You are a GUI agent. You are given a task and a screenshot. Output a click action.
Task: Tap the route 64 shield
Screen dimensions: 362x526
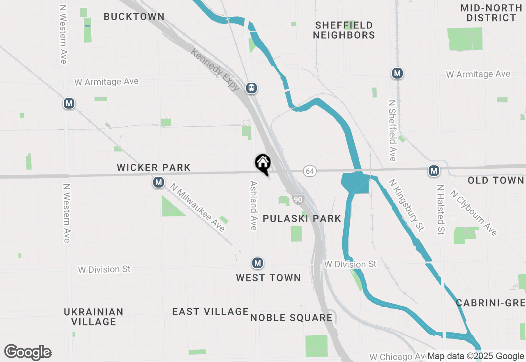pyautogui.click(x=310, y=171)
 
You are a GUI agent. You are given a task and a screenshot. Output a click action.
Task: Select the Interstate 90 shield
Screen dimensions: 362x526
pyautogui.click(x=298, y=200)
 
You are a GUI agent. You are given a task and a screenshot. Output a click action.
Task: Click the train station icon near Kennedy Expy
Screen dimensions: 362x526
pyautogui.click(x=251, y=88)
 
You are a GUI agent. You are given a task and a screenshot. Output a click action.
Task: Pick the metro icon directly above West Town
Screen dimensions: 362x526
pyautogui.click(x=257, y=263)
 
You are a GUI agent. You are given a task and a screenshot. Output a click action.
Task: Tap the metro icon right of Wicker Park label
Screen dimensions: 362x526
pyautogui.click(x=159, y=182)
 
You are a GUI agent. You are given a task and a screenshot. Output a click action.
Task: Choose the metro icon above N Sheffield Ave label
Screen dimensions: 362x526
pyautogui.click(x=397, y=74)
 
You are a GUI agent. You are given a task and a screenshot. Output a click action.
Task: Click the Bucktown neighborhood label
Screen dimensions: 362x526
pyautogui.click(x=134, y=17)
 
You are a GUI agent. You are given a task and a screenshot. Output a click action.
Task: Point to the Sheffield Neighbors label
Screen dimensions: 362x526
pyautogui.click(x=344, y=30)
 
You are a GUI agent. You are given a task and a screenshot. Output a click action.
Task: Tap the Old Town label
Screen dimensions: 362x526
pyautogui.click(x=496, y=181)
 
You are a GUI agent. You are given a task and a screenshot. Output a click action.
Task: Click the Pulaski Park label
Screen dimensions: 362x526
pyautogui.click(x=302, y=218)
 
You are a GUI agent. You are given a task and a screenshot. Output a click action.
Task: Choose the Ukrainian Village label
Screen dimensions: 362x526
pyautogui.click(x=94, y=317)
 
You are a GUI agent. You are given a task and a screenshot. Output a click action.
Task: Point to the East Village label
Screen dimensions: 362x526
pyautogui.click(x=210, y=312)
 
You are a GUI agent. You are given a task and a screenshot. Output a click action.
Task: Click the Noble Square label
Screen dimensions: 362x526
pyautogui.click(x=291, y=318)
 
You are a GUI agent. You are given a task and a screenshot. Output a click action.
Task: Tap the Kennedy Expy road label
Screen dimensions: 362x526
pyautogui.click(x=215, y=69)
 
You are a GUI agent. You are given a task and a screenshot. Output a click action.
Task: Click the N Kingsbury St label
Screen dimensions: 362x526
pyautogui.click(x=406, y=205)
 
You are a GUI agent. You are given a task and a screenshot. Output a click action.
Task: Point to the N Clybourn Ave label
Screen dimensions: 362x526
pyautogui.click(x=473, y=212)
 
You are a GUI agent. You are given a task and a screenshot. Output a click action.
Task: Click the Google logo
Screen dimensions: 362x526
pyautogui.click(x=28, y=353)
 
